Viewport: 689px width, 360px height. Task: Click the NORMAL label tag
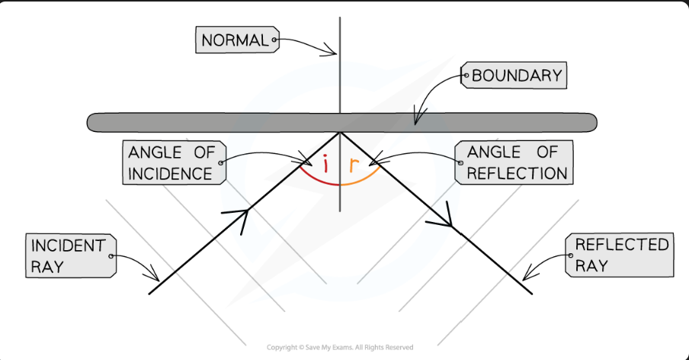click(236, 40)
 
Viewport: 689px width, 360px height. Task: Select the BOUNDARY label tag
click(515, 76)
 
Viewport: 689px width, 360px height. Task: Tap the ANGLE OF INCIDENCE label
click(171, 162)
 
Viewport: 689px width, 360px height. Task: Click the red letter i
click(326, 164)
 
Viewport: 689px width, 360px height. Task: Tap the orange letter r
click(353, 164)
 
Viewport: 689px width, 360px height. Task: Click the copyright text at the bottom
click(340, 348)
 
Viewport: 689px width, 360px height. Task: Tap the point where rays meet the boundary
click(340, 131)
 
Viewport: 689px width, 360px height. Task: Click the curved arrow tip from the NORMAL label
click(335, 53)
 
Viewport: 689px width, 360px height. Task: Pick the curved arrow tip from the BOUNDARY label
click(415, 122)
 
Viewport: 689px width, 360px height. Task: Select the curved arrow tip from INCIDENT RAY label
click(158, 279)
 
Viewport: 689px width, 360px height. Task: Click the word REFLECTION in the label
click(517, 172)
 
